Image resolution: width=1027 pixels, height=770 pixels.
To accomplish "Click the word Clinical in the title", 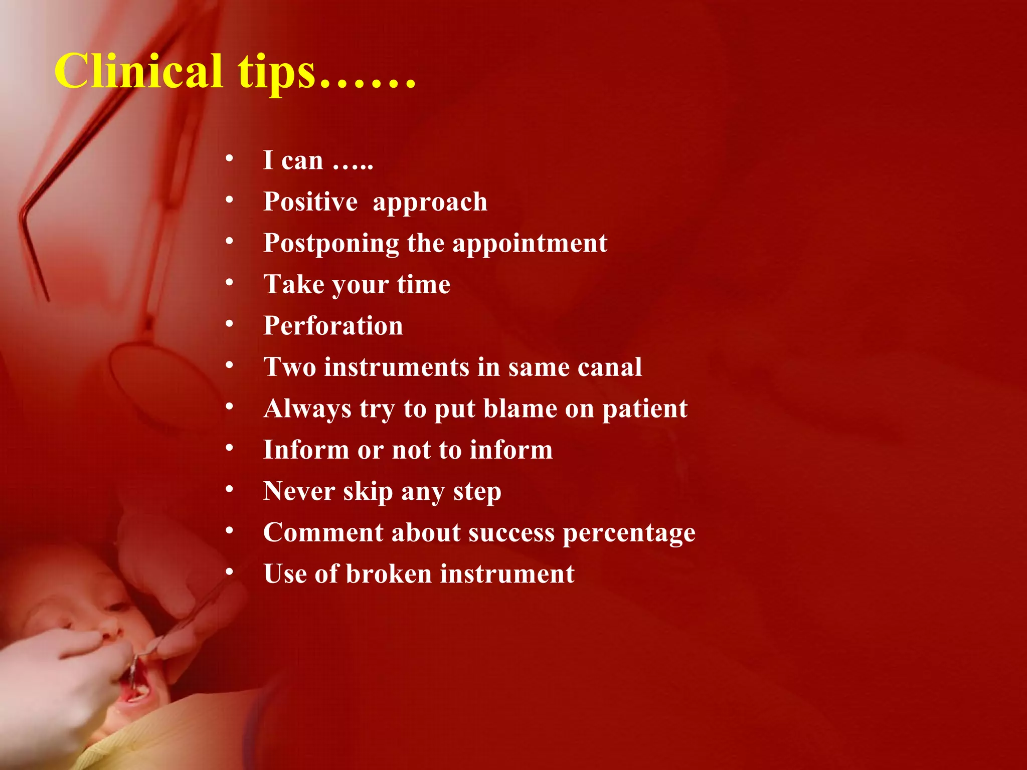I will pos(138,71).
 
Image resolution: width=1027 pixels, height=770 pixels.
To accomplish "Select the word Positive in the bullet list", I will pos(310,202).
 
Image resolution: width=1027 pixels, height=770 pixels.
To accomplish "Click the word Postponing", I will pos(331,244).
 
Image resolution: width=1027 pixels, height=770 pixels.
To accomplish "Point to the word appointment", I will pos(530,244).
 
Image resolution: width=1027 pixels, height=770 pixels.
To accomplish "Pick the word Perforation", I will pos(333,326).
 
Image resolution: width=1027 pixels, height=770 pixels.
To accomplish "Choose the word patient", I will pos(645,409).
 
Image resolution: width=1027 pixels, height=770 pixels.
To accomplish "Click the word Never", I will pos(299,491).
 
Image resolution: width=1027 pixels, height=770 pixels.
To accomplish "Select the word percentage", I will pos(629,533).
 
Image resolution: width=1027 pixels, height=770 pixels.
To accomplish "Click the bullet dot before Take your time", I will pos(229,283).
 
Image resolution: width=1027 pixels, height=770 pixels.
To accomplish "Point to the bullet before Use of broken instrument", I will pos(229,572).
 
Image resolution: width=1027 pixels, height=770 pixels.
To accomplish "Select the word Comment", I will pos(323,532).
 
